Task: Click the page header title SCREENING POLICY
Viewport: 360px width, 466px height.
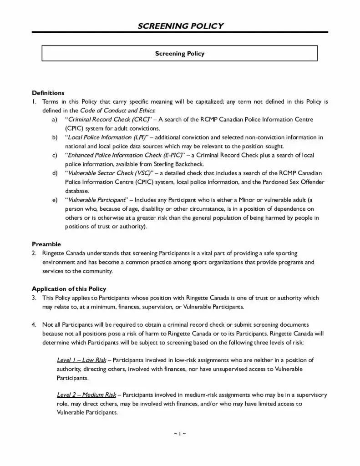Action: coord(180,26)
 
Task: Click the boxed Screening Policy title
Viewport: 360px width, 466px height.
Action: coord(180,54)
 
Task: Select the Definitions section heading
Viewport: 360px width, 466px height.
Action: coord(48,93)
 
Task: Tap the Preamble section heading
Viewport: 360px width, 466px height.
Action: coord(46,244)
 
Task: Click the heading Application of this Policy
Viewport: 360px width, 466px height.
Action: coord(69,289)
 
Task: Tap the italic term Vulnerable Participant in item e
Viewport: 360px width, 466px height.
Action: coord(96,200)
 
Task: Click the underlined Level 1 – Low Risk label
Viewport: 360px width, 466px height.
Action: coord(81,360)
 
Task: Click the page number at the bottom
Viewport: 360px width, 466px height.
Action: coord(180,433)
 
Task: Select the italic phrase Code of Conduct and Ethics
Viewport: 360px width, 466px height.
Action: coord(118,111)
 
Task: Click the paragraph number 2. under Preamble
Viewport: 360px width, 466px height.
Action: coord(34,253)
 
